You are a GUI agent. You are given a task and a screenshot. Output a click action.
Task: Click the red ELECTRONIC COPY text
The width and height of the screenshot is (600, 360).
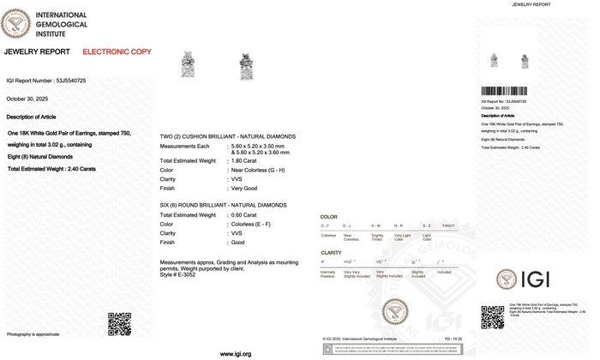pos(117,52)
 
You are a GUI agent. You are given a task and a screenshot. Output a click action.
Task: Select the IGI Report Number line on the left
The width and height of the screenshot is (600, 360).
pos(45,81)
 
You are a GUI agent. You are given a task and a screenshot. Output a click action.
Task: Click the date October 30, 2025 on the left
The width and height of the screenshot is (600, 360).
pos(26,98)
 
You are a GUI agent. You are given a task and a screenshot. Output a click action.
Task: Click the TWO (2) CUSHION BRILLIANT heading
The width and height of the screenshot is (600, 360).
pos(227,136)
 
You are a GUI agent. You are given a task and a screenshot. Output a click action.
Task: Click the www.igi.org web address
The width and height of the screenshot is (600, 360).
pos(236,353)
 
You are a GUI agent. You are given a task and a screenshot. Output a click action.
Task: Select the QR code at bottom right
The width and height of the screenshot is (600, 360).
pos(492,315)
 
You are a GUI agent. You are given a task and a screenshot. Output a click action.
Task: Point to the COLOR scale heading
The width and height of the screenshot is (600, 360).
pos(328,218)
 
